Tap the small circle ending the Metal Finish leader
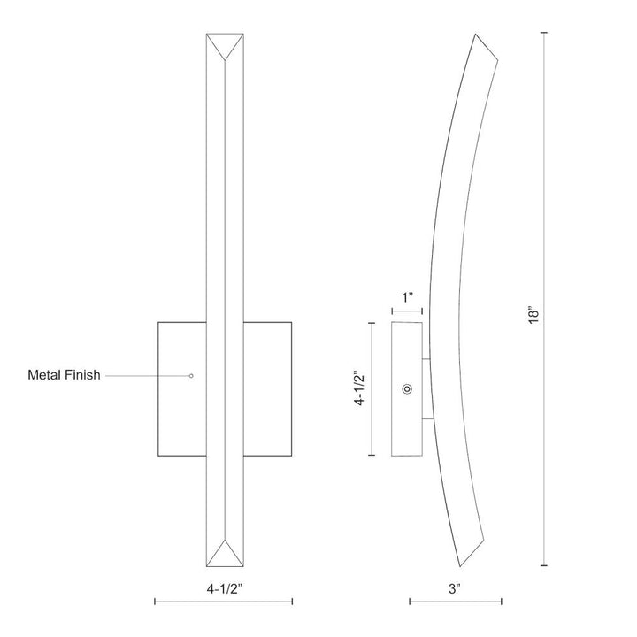(191, 375)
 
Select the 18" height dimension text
(531, 317)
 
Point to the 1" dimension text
(407, 298)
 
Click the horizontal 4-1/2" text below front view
(225, 585)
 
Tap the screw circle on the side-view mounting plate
(407, 389)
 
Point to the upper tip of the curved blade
(478, 36)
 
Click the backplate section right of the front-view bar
(268, 389)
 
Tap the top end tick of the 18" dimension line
(544, 33)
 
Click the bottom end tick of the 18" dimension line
(544, 564)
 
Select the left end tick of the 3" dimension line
(409, 602)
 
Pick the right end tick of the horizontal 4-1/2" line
(292, 602)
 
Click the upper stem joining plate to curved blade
(426, 359)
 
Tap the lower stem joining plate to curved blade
(426, 418)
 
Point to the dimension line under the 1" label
(407, 311)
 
